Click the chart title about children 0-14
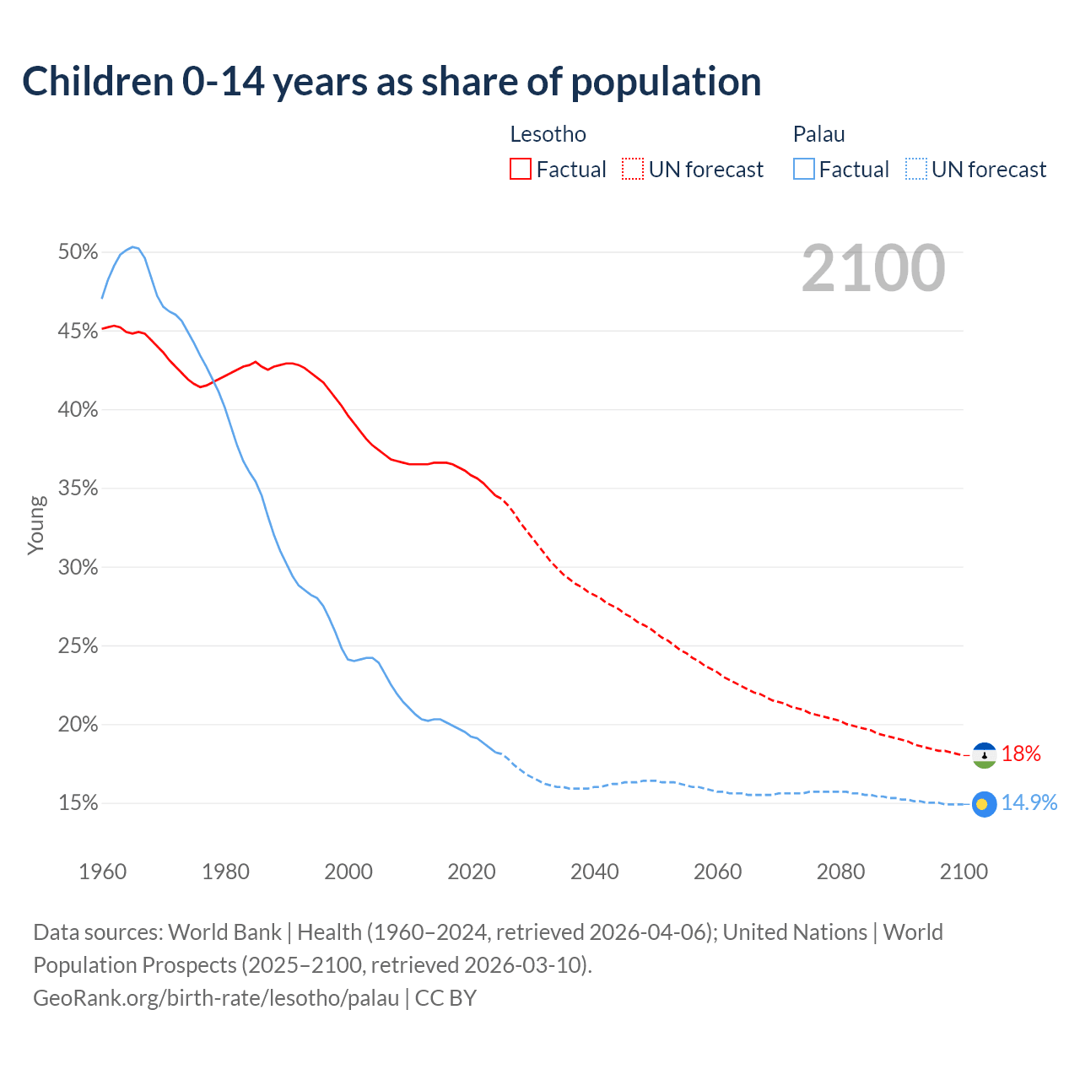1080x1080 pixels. click(x=391, y=82)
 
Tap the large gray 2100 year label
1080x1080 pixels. click(x=872, y=268)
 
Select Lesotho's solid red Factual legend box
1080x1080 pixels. click(x=521, y=170)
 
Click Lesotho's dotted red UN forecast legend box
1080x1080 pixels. click(x=633, y=170)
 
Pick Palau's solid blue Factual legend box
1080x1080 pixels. click(x=804, y=170)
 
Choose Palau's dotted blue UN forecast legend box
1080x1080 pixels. click(x=915, y=170)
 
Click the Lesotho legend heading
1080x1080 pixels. click(x=548, y=134)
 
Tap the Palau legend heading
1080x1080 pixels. click(x=818, y=134)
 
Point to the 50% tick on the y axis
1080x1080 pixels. click(x=78, y=252)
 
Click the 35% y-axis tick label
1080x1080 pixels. click(x=78, y=489)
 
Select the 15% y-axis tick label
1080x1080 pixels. click(x=78, y=803)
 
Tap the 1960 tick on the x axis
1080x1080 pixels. click(x=102, y=872)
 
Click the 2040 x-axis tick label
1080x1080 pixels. click(x=594, y=872)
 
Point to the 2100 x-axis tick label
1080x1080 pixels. click(x=963, y=872)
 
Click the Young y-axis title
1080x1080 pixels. click(x=36, y=525)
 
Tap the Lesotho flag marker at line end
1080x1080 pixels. click(x=984, y=755)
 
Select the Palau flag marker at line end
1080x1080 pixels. click(x=984, y=804)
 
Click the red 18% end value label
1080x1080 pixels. click(x=1021, y=754)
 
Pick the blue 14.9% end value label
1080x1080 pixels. click(x=1029, y=803)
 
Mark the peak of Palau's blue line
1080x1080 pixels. click(x=132, y=246)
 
